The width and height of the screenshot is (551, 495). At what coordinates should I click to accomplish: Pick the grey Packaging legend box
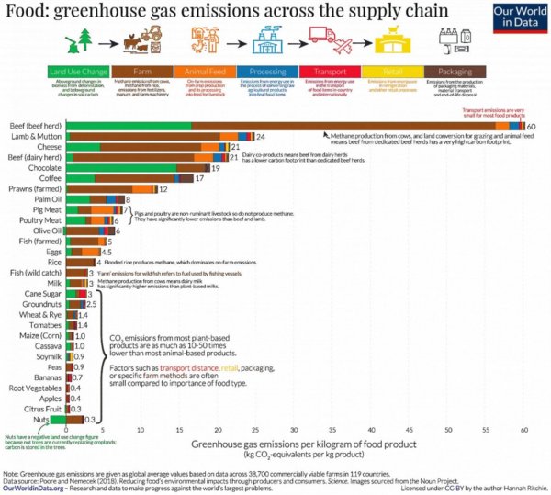click(x=455, y=69)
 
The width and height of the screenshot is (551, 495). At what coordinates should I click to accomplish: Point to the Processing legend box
click(x=266, y=69)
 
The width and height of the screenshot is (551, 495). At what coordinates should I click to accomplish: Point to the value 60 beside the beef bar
click(x=532, y=126)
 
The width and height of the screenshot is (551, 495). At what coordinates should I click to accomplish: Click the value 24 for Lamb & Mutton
click(x=260, y=137)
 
